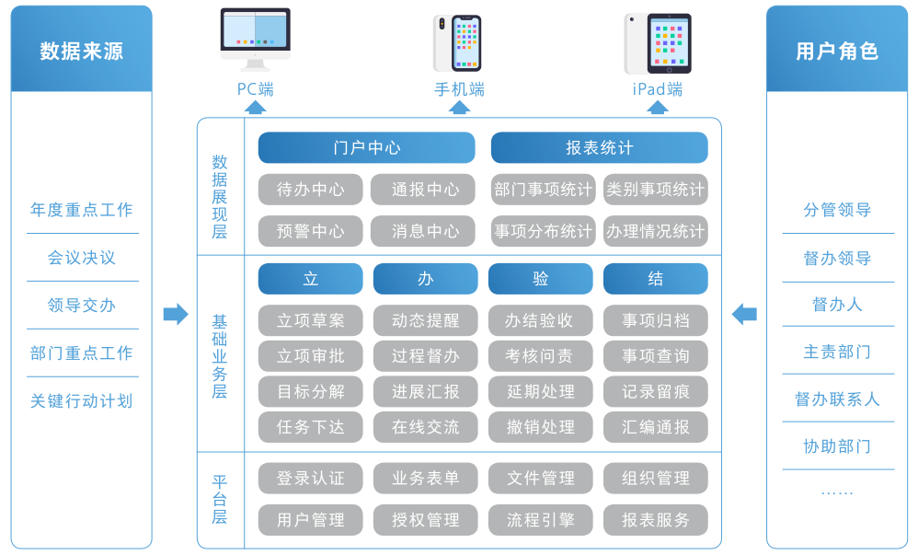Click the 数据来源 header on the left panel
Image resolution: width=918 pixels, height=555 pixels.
coord(81,51)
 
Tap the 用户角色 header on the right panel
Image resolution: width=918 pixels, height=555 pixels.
coord(836,51)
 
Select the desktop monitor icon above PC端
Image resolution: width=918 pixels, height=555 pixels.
coord(255,39)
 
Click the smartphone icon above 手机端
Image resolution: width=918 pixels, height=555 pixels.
coord(458,42)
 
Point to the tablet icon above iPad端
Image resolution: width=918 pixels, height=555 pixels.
coord(658,43)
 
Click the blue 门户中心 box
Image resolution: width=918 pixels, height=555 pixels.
coord(366,148)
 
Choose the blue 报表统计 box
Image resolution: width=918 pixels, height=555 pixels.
coord(599,148)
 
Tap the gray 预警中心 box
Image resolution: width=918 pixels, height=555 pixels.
coord(311,231)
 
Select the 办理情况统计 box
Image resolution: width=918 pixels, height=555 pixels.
coord(655,231)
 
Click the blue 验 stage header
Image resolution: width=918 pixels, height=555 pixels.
coord(540,279)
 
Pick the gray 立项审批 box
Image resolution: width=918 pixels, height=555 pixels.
coord(311,355)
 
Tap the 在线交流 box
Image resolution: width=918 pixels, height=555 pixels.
coord(425,427)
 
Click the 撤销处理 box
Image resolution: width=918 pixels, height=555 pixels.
coord(540,427)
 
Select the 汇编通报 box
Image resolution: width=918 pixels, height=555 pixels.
coord(655,427)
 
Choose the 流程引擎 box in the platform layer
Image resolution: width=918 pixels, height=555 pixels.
coord(540,520)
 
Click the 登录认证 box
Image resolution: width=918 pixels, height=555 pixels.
coord(311,479)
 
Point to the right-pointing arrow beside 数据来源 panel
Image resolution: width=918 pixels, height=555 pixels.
coord(175,315)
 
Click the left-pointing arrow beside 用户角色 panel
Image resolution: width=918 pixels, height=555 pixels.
coord(744,315)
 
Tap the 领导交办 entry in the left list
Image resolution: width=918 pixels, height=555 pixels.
coord(82,306)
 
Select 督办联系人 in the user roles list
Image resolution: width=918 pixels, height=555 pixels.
coord(837,399)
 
